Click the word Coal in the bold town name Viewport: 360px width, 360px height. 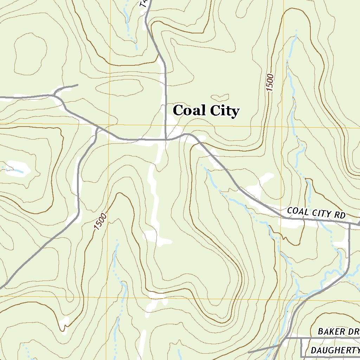click(189, 110)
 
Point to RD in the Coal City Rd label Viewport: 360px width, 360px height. click(340, 215)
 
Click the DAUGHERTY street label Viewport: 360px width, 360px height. click(335, 350)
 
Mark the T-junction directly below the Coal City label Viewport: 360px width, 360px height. click(166, 139)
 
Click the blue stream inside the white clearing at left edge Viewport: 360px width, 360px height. click(14, 170)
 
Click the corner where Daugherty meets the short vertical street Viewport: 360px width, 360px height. click(302, 356)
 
